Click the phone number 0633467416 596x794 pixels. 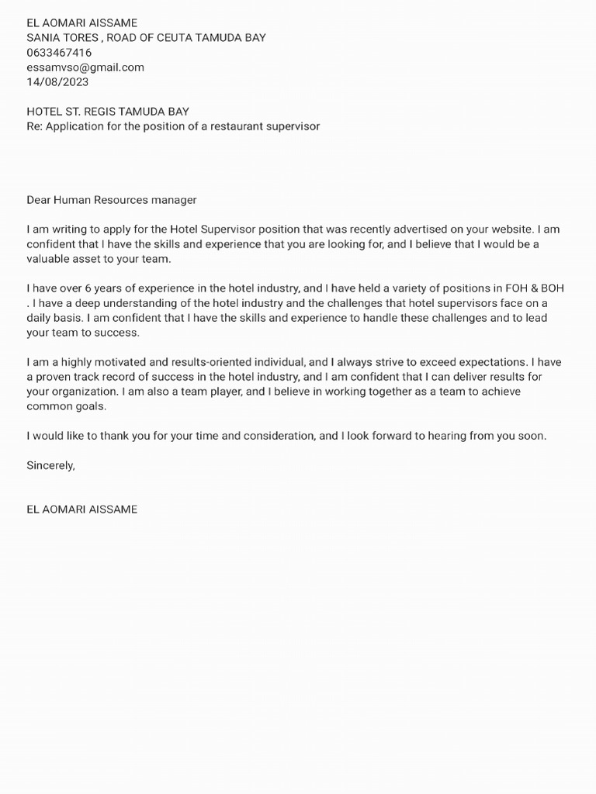coord(59,53)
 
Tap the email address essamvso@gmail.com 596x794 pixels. coord(85,67)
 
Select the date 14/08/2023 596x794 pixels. coord(57,81)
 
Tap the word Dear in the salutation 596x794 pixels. coord(39,200)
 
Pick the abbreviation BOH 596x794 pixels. coord(553,288)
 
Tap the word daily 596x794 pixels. coord(40,318)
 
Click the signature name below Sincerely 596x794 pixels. coord(81,509)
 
